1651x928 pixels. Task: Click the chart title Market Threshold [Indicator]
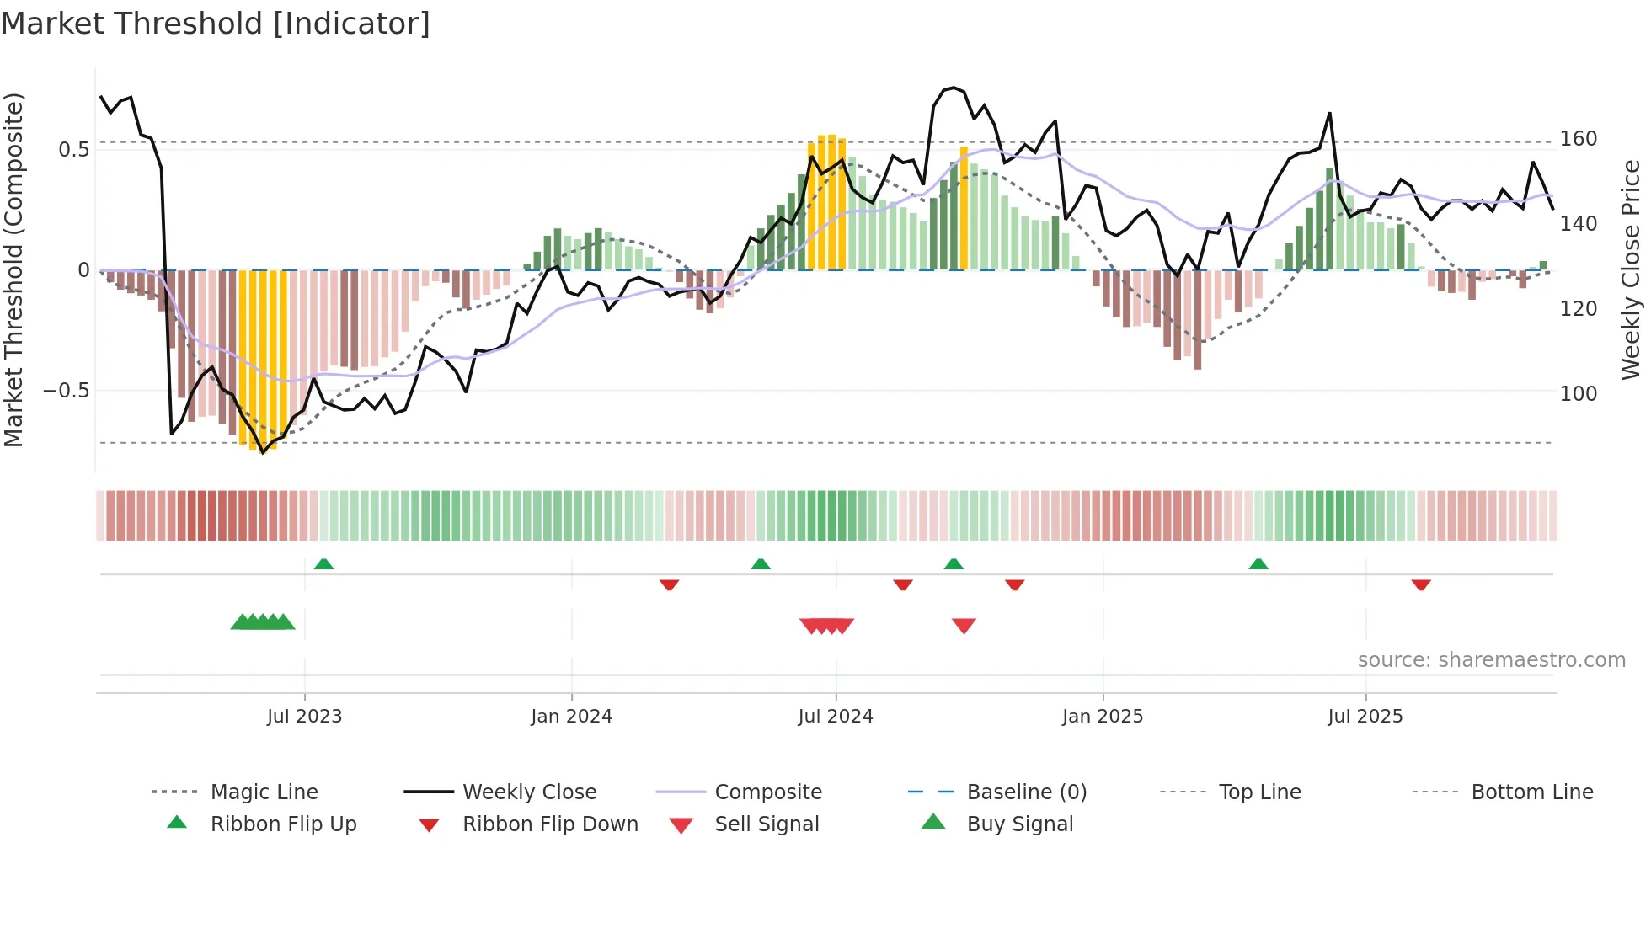click(x=216, y=24)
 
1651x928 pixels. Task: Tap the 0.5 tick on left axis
click(x=73, y=150)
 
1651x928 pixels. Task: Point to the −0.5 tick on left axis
click(x=66, y=391)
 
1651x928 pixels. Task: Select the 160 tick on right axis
click(x=1578, y=139)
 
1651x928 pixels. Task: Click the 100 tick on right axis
click(x=1578, y=393)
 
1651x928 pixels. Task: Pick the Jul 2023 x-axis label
click(x=304, y=717)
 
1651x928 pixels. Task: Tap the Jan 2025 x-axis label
click(x=1102, y=717)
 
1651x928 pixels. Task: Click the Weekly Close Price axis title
click(x=1631, y=269)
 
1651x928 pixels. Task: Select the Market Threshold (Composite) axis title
click(x=13, y=269)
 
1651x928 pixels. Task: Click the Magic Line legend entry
click(x=264, y=792)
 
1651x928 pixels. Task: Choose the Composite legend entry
click(x=767, y=792)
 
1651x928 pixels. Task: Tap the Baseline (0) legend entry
click(x=1026, y=792)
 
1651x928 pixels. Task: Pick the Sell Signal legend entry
click(x=766, y=824)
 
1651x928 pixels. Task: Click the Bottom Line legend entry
click(x=1531, y=792)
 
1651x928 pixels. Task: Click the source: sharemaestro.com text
click(x=1491, y=660)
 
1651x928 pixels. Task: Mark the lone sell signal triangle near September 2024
click(x=964, y=626)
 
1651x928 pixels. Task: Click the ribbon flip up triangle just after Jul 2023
click(x=323, y=564)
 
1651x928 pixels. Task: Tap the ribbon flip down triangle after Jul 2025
click(x=1421, y=584)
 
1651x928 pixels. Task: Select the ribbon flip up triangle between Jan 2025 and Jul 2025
click(x=1258, y=564)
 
